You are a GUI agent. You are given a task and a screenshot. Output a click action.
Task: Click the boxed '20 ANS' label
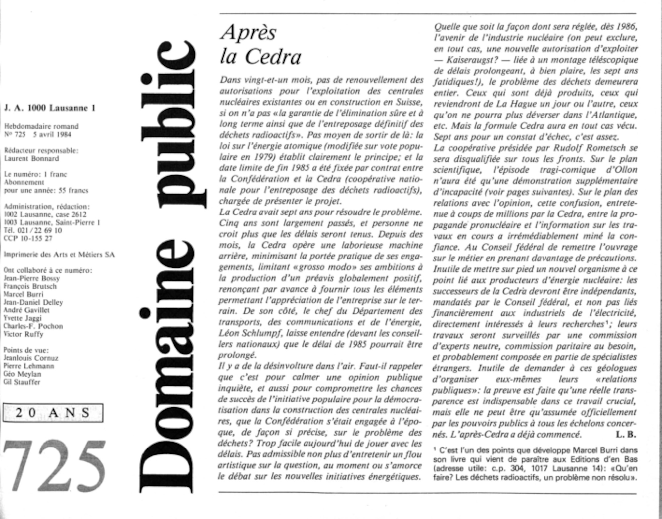tap(53, 413)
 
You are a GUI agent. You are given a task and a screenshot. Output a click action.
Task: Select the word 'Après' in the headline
tap(248, 33)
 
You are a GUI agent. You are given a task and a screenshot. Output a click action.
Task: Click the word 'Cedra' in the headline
tap(273, 57)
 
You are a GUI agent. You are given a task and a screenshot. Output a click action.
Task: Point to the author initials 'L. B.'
tap(626, 434)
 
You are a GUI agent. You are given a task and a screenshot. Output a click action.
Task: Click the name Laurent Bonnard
tap(31, 158)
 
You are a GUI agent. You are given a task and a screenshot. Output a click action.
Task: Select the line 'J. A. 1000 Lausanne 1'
tap(50, 108)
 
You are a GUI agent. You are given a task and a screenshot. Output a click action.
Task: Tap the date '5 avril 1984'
tap(52, 134)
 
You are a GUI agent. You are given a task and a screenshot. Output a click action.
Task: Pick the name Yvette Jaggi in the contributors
tap(23, 318)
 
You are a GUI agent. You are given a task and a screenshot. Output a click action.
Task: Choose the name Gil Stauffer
tap(22, 382)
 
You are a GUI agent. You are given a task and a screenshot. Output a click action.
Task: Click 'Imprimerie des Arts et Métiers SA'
tap(59, 255)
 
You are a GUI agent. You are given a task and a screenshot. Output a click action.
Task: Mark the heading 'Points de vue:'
tap(26, 350)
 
